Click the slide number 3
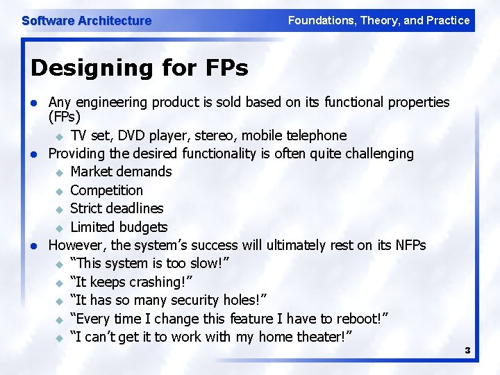click(467, 351)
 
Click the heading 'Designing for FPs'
click(140, 68)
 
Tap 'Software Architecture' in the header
click(86, 21)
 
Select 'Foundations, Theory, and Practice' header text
click(378, 20)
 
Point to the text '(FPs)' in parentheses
click(65, 117)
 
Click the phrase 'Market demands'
click(121, 172)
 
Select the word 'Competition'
click(106, 190)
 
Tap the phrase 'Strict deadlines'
click(117, 208)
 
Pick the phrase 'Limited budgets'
click(119, 227)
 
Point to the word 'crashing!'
click(155, 282)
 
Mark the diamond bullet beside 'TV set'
click(59, 136)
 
